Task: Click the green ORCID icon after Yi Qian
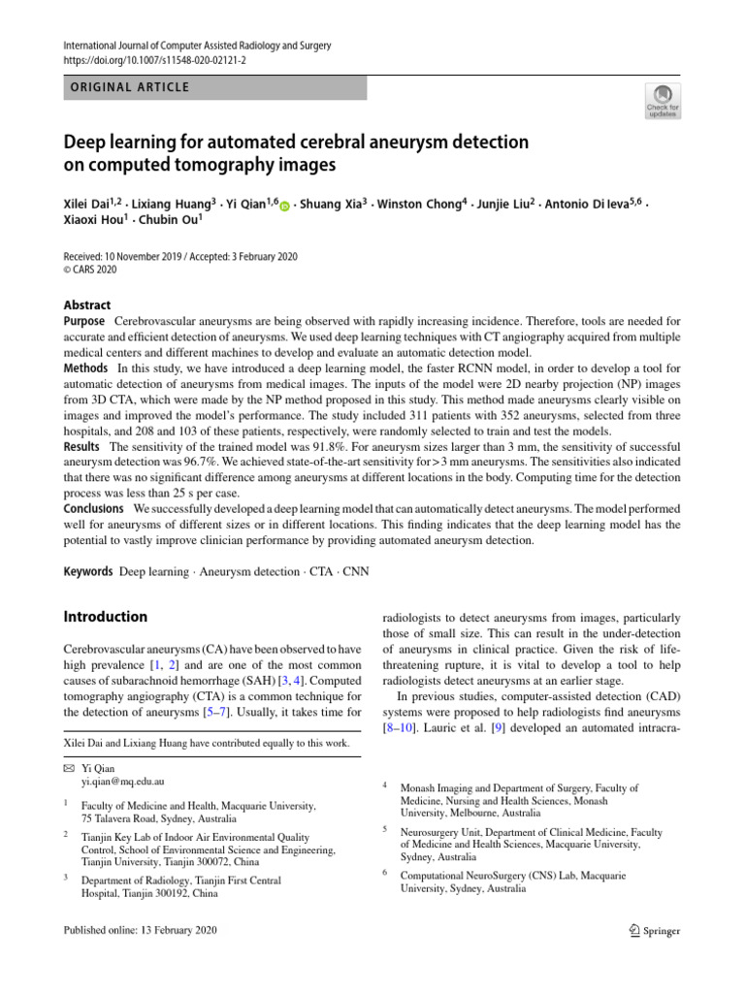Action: [285, 207]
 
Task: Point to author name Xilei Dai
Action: [87, 205]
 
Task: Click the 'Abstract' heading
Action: [87, 304]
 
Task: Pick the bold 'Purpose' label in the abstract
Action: [84, 321]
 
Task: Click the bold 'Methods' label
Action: [86, 369]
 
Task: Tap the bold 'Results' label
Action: [81, 446]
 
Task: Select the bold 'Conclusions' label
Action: [94, 508]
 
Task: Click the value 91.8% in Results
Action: [310, 446]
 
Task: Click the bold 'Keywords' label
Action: [88, 572]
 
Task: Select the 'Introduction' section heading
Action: [106, 617]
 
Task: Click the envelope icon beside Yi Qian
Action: [68, 766]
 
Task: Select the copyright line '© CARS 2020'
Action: [92, 271]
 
